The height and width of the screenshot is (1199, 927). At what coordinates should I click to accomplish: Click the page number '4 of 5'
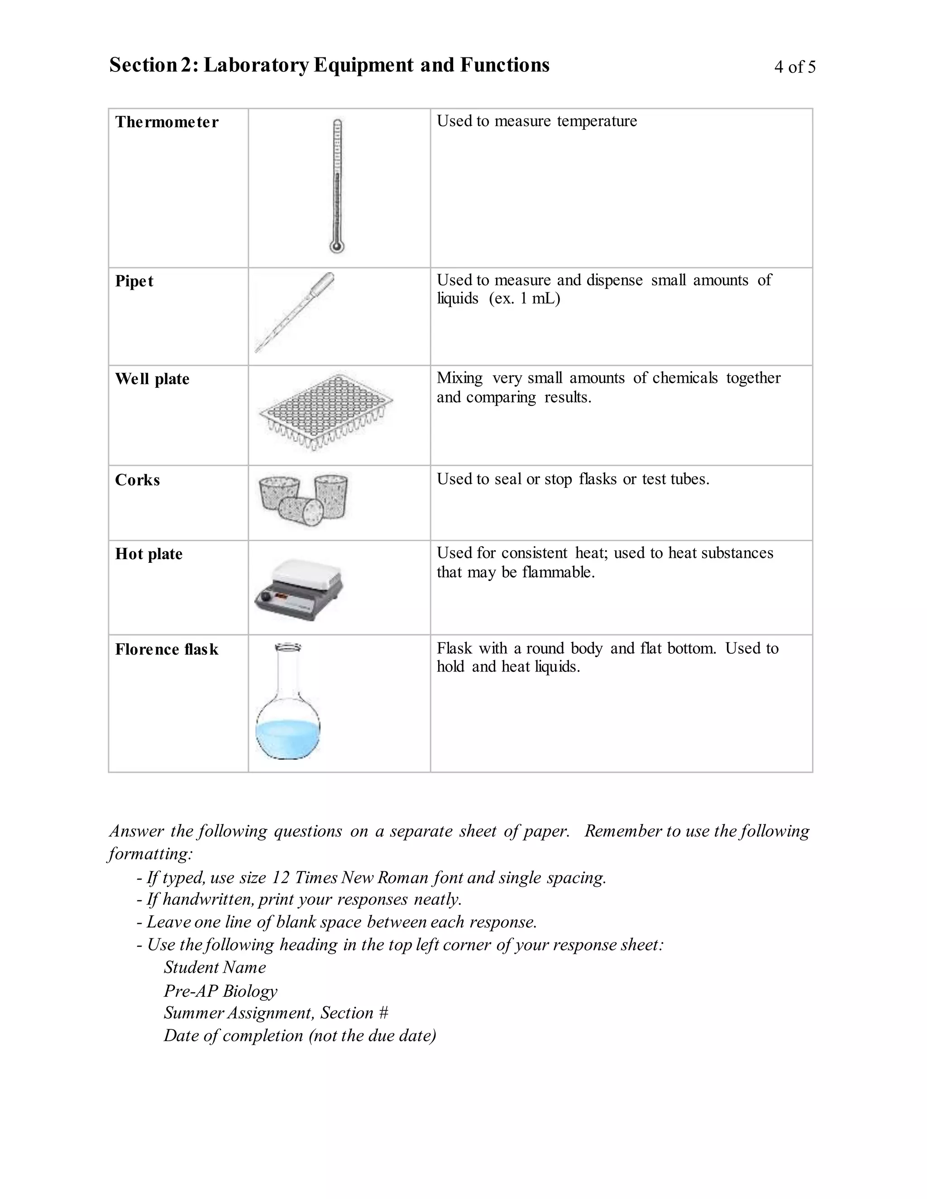coord(795,67)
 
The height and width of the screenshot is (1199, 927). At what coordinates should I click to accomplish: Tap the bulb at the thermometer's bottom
coord(337,246)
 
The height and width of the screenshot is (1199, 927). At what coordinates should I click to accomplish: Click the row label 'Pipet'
coord(134,281)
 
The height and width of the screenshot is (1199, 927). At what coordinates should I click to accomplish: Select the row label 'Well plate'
coord(152,379)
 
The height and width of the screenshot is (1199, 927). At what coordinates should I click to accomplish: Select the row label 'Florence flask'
coord(167,649)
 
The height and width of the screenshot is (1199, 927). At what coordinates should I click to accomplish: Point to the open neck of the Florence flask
coord(288,648)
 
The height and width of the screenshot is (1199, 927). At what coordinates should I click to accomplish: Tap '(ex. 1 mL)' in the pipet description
coord(525,299)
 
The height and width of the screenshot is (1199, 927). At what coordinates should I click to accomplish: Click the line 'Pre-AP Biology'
coord(220,991)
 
